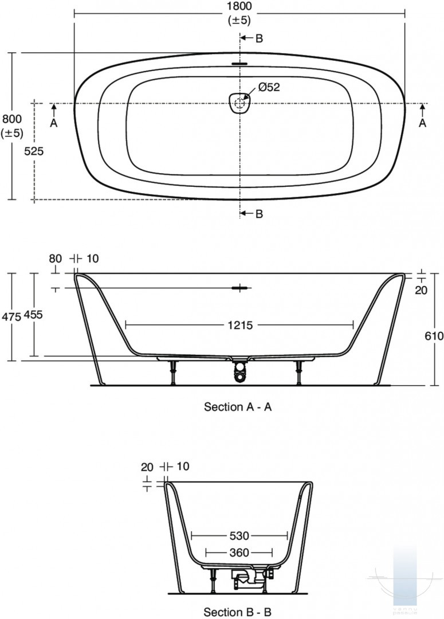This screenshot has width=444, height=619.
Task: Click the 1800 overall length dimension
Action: pyautogui.click(x=239, y=7)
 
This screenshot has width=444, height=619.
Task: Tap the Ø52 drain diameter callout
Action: pyautogui.click(x=269, y=87)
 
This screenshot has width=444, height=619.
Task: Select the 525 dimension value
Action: pyautogui.click(x=34, y=151)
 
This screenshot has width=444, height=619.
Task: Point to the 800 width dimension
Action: pyautogui.click(x=12, y=119)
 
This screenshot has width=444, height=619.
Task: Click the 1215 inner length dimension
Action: pyautogui.click(x=240, y=326)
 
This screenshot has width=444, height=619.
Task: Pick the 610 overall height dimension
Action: pyautogui.click(x=434, y=336)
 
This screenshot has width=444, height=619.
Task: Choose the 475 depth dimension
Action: pyautogui.click(x=11, y=316)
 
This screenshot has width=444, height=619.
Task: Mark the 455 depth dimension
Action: pyautogui.click(x=33, y=315)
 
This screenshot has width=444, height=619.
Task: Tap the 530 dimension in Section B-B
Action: pyautogui.click(x=239, y=536)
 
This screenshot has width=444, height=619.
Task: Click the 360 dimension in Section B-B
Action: pyautogui.click(x=239, y=553)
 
